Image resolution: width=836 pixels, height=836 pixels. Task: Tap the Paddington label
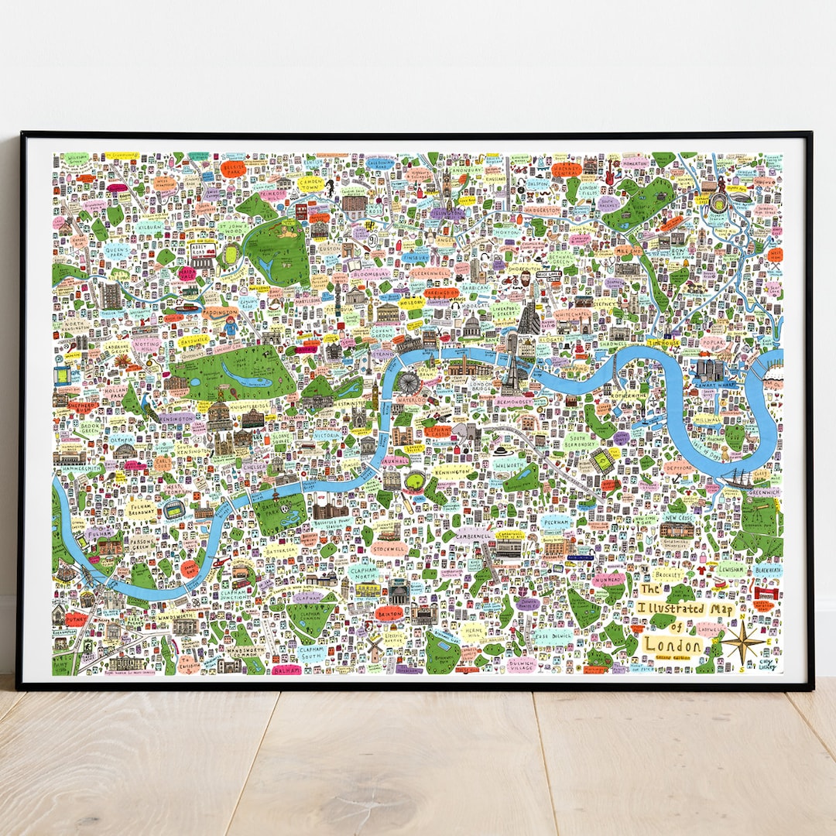[x=222, y=311]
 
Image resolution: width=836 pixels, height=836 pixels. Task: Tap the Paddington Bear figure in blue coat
[x=231, y=327]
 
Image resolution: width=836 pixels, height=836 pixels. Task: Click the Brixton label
[x=389, y=612]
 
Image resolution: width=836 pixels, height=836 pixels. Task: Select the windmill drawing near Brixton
[x=375, y=649]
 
